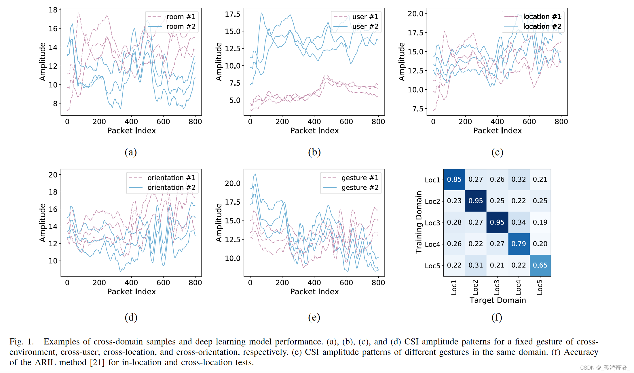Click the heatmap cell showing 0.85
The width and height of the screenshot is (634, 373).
[454, 179]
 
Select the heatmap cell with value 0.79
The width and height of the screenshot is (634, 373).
[519, 244]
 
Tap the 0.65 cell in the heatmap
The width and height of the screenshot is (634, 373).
[540, 265]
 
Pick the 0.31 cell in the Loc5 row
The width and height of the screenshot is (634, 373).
[476, 265]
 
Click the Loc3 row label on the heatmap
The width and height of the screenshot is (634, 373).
[432, 223]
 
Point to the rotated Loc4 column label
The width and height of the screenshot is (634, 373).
[518, 287]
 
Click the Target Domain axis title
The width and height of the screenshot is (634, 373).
[498, 300]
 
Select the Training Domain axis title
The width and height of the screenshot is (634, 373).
[419, 222]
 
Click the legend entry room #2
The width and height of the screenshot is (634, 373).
[181, 27]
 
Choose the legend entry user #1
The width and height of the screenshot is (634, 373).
[365, 17]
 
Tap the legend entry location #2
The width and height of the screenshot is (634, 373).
[542, 27]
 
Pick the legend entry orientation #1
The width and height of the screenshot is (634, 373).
[171, 178]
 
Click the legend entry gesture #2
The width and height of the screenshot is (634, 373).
[360, 188]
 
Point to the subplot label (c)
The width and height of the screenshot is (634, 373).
[497, 152]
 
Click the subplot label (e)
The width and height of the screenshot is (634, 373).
[314, 317]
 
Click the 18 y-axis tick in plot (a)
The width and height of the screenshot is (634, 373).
[53, 10]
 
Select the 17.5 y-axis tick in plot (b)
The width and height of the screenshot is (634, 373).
[232, 14]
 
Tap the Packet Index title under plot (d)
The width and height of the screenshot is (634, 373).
[131, 292]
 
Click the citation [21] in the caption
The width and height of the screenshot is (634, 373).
[97, 362]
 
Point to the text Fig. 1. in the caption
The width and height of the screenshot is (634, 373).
[22, 342]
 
